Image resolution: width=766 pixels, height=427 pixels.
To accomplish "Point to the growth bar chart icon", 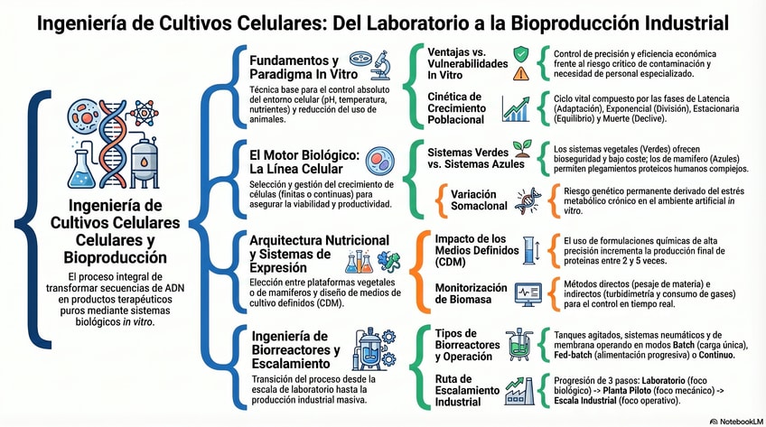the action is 517,110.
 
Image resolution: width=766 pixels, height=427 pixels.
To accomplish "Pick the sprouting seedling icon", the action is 521,148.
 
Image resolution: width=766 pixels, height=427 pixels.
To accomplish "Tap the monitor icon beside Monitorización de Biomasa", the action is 527,293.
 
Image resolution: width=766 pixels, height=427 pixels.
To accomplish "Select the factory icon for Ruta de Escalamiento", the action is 520,388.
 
